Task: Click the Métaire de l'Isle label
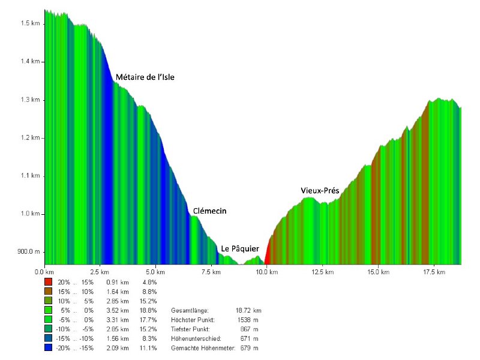click(x=145, y=77)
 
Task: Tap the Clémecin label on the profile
click(x=209, y=211)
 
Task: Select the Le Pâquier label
click(x=240, y=248)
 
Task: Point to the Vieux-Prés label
click(x=320, y=191)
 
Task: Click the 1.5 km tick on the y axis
click(x=31, y=23)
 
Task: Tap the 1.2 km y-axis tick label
click(x=31, y=138)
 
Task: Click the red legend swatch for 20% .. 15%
click(x=48, y=281)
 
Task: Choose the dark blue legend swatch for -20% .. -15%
click(x=48, y=349)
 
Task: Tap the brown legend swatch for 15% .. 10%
click(x=48, y=291)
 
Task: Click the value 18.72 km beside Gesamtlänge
click(x=249, y=310)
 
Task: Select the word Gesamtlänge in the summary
click(x=189, y=310)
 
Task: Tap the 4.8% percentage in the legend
click(x=148, y=281)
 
